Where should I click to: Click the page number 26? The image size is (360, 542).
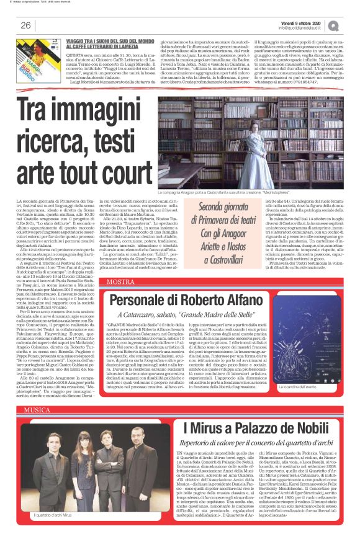tap(25, 25)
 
